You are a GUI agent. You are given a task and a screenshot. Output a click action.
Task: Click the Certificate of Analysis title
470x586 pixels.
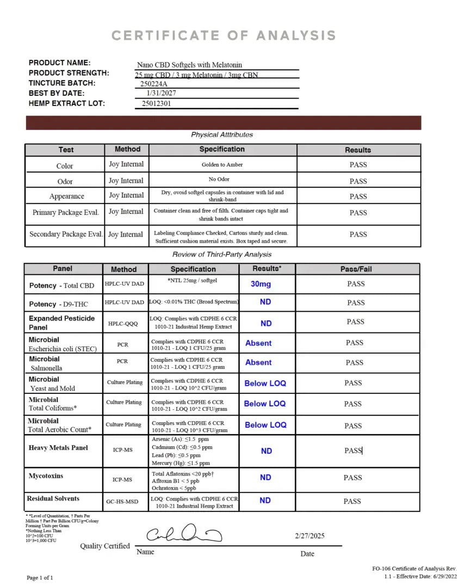coord(224,36)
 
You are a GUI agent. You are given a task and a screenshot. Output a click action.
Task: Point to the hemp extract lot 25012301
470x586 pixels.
coord(156,103)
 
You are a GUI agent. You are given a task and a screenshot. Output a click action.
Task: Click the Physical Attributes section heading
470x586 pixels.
coord(221,134)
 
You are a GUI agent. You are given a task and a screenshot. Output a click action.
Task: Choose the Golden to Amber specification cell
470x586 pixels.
coord(222,164)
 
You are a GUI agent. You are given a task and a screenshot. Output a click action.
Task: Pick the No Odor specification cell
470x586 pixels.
coord(222,180)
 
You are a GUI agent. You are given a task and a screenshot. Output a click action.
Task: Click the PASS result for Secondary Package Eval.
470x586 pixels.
coord(358,235)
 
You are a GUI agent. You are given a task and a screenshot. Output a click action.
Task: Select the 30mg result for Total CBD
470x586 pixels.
coord(261,284)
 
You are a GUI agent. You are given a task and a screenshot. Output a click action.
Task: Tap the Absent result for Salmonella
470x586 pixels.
coord(258,362)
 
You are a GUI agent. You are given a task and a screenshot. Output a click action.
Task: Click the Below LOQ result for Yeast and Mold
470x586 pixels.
coord(265,384)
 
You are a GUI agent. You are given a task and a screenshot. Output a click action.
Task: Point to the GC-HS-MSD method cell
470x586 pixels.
coord(125,502)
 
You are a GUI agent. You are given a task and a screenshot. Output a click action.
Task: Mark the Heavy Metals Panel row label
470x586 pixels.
coord(58,448)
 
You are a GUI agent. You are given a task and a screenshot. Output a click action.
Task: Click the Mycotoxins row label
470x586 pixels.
coord(46,476)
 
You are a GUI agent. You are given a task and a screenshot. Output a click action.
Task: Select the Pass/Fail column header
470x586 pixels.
coord(356,269)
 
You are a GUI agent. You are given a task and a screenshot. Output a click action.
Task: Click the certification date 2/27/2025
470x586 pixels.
coord(310,536)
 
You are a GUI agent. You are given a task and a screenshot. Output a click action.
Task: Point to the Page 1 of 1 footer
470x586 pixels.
coord(40,577)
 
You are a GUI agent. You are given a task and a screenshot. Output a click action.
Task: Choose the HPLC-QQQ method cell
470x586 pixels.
coord(125,323)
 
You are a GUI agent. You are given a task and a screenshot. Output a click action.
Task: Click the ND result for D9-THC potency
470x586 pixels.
coord(265,302)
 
